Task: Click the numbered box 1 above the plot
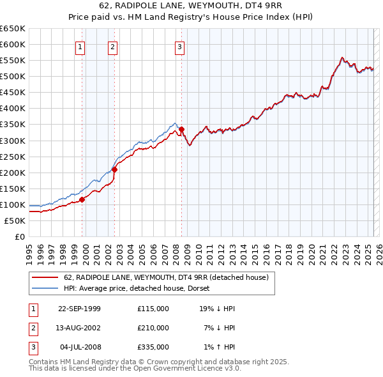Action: pyautogui.click(x=80, y=46)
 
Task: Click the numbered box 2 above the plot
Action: pyautogui.click(x=112, y=46)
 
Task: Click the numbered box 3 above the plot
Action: pyautogui.click(x=179, y=46)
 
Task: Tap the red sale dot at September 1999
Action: pyautogui.click(x=82, y=199)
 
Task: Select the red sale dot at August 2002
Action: pyautogui.click(x=114, y=169)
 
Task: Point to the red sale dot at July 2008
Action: pyautogui.click(x=181, y=129)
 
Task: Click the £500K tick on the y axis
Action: pyautogui.click(x=13, y=76)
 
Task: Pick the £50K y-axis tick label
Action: pyautogui.click(x=16, y=220)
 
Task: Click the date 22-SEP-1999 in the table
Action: pyautogui.click(x=79, y=309)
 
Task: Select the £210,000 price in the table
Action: pyautogui.click(x=153, y=328)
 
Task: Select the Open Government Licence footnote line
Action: pyautogui.click(x=135, y=369)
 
